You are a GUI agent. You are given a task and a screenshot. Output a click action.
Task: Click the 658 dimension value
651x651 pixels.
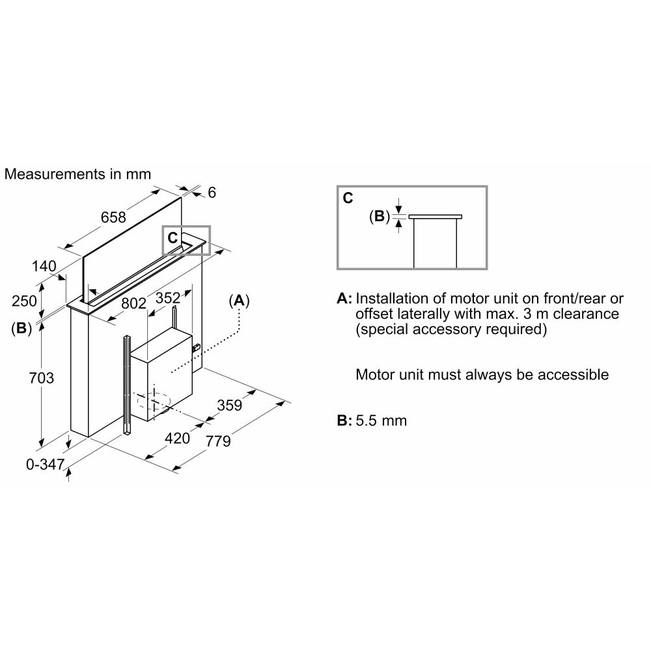pyautogui.click(x=113, y=217)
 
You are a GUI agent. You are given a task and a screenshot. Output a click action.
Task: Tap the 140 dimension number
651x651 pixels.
pyautogui.click(x=44, y=266)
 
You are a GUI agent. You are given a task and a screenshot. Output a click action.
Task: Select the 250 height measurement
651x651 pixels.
pyautogui.click(x=24, y=301)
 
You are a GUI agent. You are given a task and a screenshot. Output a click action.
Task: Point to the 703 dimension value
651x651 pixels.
pyautogui.click(x=42, y=378)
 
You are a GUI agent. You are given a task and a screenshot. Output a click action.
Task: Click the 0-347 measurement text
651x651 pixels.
pyautogui.click(x=46, y=464)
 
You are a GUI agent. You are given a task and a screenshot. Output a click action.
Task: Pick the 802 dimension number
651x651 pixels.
pyautogui.click(x=133, y=303)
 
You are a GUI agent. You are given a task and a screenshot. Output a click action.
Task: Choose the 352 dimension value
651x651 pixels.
pyautogui.click(x=168, y=298)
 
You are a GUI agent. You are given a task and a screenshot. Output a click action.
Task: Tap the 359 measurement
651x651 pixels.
pyautogui.click(x=230, y=405)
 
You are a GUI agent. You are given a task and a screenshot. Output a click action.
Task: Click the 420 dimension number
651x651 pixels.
pyautogui.click(x=177, y=438)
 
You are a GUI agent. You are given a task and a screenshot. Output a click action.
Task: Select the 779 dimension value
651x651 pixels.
pyautogui.click(x=218, y=441)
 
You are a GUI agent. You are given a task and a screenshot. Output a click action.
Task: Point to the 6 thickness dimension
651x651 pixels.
pyautogui.click(x=212, y=192)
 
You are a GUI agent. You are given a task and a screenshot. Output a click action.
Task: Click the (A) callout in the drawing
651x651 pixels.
pyautogui.click(x=239, y=301)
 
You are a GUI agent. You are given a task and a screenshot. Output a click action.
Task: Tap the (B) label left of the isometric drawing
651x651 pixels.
pyautogui.click(x=21, y=328)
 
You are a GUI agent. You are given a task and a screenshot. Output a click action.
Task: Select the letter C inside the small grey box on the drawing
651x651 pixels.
pyautogui.click(x=173, y=238)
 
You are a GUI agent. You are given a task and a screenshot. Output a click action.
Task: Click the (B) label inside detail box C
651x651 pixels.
pyautogui.click(x=380, y=216)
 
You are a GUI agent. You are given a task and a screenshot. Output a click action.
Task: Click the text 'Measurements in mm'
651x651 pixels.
pyautogui.click(x=77, y=174)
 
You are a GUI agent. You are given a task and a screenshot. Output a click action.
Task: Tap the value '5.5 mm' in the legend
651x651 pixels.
pyautogui.click(x=381, y=421)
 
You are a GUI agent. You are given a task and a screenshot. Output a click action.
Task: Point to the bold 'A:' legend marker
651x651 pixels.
pyautogui.click(x=344, y=299)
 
